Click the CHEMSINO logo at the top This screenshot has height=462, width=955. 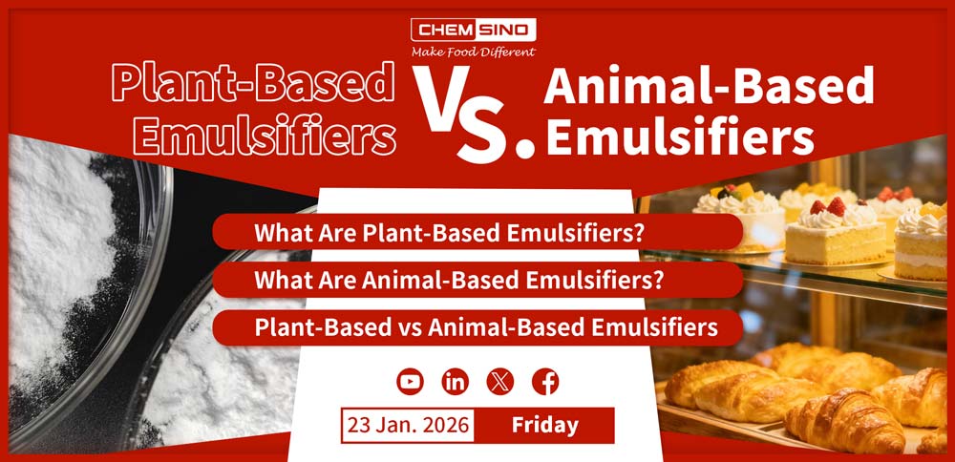pyautogui.click(x=473, y=30)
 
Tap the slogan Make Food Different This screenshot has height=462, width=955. pyautogui.click(x=473, y=52)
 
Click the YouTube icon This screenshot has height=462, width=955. pyautogui.click(x=410, y=382)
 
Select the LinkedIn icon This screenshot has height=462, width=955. pyautogui.click(x=456, y=382)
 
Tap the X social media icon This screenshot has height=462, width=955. pyautogui.click(x=500, y=382)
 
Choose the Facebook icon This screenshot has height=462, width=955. pyautogui.click(x=545, y=382)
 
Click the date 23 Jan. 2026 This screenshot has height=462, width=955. pyautogui.click(x=408, y=425)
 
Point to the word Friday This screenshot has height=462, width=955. pyautogui.click(x=544, y=425)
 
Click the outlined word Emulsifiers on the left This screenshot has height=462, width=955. pyautogui.click(x=265, y=136)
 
